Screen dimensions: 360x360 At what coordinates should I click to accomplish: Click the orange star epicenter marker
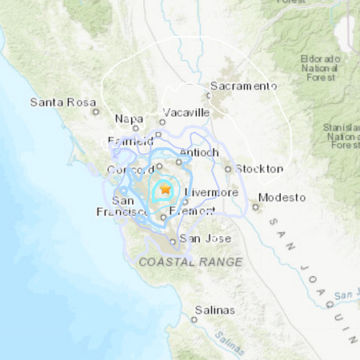tap(165, 190)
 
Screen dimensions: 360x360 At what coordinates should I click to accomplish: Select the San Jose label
tap(206, 238)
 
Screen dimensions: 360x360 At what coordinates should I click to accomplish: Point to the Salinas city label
tap(214, 310)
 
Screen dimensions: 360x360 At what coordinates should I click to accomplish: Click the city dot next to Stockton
tap(228, 169)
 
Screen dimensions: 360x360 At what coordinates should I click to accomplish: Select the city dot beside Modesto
tap(256, 206)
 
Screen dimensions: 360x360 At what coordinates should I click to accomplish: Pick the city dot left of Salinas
tap(193, 319)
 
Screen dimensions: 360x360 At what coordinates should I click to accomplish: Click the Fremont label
tap(193, 210)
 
